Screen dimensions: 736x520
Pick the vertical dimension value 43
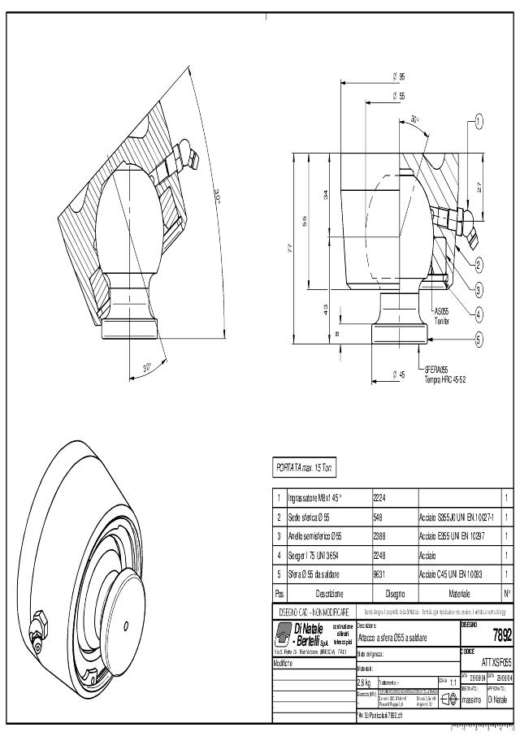(327, 310)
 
